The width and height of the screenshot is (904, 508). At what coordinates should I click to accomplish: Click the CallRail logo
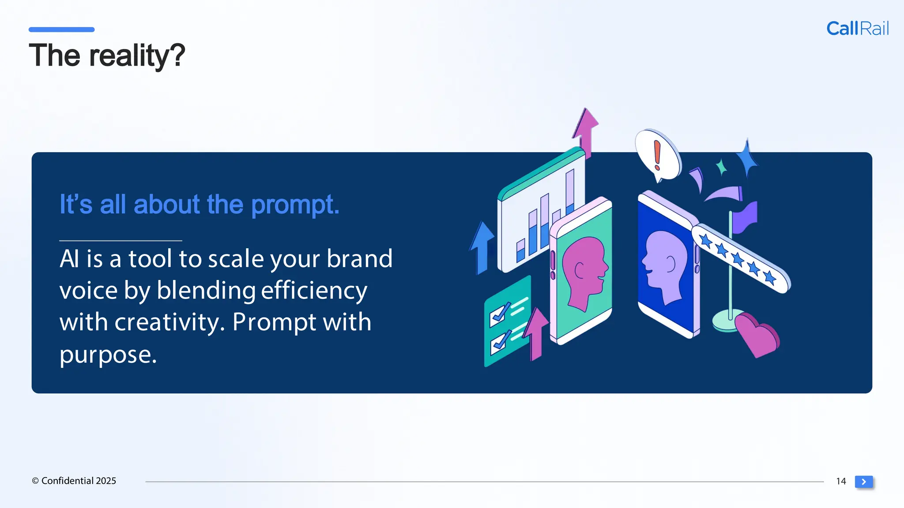857,29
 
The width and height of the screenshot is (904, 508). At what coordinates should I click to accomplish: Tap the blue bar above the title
61,30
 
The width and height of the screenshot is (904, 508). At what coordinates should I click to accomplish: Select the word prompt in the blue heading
295,205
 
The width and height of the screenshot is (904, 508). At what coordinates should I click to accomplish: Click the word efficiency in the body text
314,291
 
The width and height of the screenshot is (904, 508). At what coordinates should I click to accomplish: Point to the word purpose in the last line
108,355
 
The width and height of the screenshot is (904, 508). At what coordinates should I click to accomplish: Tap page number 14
841,481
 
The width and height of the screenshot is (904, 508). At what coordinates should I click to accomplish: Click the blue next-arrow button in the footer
864,482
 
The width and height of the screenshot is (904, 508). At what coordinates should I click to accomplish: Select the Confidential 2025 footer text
74,481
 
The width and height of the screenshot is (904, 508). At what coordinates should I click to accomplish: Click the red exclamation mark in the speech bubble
657,155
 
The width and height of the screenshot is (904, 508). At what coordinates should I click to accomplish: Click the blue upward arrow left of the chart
482,247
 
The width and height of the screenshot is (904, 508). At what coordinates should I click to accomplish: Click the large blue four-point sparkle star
747,159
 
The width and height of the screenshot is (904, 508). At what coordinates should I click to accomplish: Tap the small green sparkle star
722,167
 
